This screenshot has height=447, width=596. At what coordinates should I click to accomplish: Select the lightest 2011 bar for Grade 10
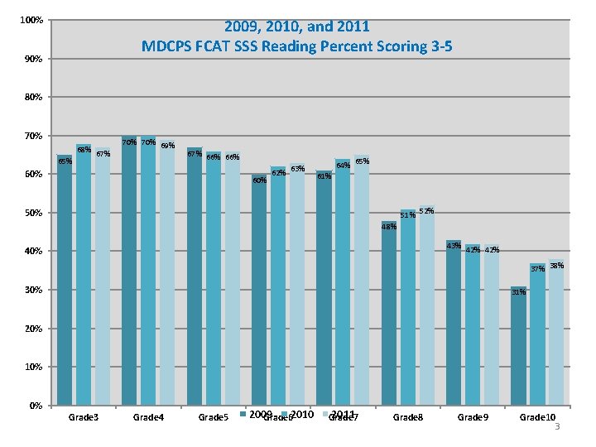(556, 334)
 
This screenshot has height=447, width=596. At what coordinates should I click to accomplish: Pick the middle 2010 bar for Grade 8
(408, 307)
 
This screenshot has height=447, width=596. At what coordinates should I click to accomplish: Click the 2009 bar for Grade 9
(454, 323)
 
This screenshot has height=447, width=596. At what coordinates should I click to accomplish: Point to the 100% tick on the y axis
(31, 20)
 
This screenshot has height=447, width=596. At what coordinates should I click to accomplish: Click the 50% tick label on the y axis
(31, 213)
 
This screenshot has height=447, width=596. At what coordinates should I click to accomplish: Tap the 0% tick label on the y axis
(34, 406)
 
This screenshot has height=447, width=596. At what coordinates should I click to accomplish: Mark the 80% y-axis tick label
(31, 97)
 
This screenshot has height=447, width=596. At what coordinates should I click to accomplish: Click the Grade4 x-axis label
(149, 417)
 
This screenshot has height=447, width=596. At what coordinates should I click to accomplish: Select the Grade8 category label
(407, 417)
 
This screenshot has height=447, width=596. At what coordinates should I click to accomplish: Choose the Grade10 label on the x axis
(537, 417)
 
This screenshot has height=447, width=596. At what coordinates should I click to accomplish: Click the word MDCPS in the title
(166, 46)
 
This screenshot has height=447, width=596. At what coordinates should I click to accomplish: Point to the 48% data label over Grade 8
(389, 227)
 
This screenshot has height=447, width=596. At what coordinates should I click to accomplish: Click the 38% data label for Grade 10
(557, 266)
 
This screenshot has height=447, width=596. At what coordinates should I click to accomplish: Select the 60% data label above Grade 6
(259, 180)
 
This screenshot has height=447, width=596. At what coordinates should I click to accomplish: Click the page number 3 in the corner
(558, 427)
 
